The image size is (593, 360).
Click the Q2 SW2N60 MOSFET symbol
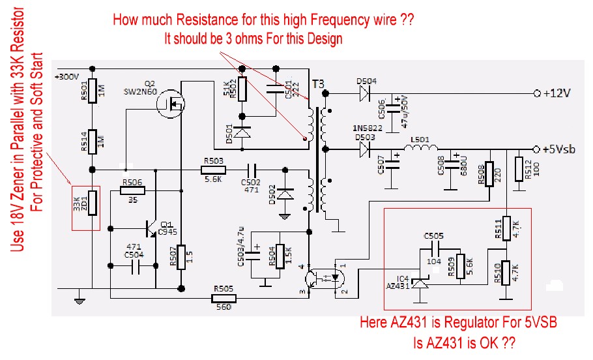171,104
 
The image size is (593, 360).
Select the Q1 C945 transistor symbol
152,229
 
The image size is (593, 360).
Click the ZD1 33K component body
93,203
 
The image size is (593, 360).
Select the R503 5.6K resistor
213,170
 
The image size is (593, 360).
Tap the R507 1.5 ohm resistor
181,260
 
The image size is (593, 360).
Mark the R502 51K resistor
243,89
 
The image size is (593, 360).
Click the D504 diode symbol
363,93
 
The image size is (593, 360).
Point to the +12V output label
556,93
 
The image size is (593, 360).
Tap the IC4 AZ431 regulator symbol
420,281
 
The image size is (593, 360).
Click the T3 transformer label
317,84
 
